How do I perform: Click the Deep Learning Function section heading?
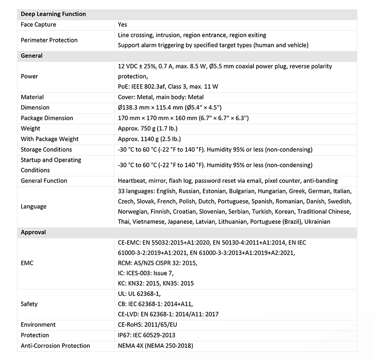(53, 14)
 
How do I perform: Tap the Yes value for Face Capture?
(122, 24)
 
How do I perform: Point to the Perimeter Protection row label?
(49, 40)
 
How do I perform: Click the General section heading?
(32, 56)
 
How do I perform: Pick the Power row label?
(29, 76)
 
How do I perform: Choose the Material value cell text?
(160, 97)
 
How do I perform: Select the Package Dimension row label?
(47, 118)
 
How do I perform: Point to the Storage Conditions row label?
(46, 150)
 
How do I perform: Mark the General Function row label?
(44, 180)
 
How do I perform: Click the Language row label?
(34, 206)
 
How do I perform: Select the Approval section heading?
(33, 232)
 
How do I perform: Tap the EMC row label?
(28, 263)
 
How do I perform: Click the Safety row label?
(29, 304)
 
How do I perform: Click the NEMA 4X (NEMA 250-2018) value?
(155, 346)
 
